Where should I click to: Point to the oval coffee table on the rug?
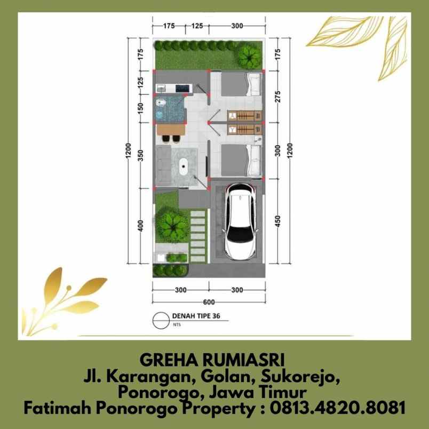185,166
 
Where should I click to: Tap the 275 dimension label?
277,98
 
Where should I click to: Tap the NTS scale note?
176,324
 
